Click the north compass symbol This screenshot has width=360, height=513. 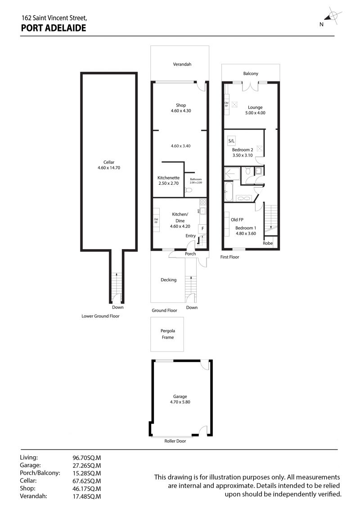(x=332, y=16)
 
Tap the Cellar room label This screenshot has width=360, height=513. (x=109, y=162)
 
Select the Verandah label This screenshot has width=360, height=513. (x=182, y=64)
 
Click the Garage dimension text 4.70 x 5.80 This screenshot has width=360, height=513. (x=180, y=402)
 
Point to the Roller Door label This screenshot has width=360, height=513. (x=175, y=441)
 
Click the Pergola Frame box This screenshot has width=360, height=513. (x=167, y=334)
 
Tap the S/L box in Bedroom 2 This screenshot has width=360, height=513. (x=231, y=141)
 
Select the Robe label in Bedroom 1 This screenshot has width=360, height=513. (x=268, y=243)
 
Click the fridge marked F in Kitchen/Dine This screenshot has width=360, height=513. (x=203, y=228)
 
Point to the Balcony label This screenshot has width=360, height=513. (x=251, y=74)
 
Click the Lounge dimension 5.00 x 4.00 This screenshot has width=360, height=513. (x=255, y=113)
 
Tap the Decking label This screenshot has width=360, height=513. (x=168, y=280)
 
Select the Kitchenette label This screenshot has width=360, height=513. (x=168, y=178)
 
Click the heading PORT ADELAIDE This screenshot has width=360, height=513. (x=54, y=28)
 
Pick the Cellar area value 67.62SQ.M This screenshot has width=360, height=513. (x=86, y=481)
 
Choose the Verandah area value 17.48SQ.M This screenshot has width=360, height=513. (x=86, y=496)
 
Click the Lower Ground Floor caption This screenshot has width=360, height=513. (x=100, y=316)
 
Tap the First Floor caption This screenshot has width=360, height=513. (x=229, y=257)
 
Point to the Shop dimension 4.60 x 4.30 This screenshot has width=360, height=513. (x=181, y=111)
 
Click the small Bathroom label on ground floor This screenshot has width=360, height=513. (x=196, y=179)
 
